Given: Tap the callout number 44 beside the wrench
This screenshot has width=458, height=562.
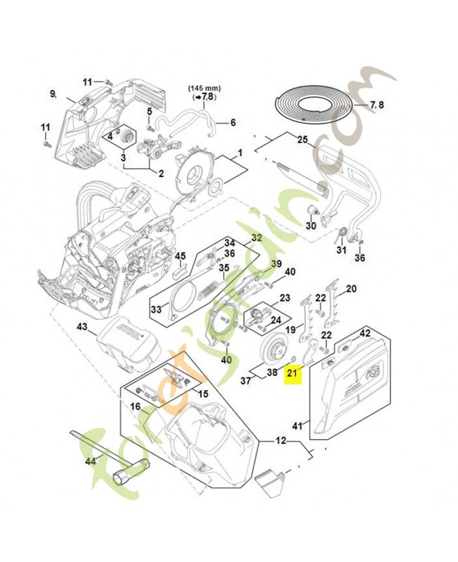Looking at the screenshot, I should tap(90, 461).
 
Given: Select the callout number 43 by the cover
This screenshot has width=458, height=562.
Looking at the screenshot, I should tap(81, 327).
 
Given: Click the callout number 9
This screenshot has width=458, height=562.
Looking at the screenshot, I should tap(53, 93).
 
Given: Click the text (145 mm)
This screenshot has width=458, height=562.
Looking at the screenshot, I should tap(204, 88).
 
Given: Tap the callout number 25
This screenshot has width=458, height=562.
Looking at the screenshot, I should tap(303, 139).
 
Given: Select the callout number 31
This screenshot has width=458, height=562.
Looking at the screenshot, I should tap(342, 250).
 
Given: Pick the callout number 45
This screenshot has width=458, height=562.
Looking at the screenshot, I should tap(180, 256).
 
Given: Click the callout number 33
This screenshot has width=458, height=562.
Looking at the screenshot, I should tap(157, 308).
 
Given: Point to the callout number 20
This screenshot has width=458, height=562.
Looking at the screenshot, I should tap(351, 288).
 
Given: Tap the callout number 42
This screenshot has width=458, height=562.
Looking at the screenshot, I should tap(365, 333).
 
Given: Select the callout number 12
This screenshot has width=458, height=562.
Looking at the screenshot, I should tap(280, 441).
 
